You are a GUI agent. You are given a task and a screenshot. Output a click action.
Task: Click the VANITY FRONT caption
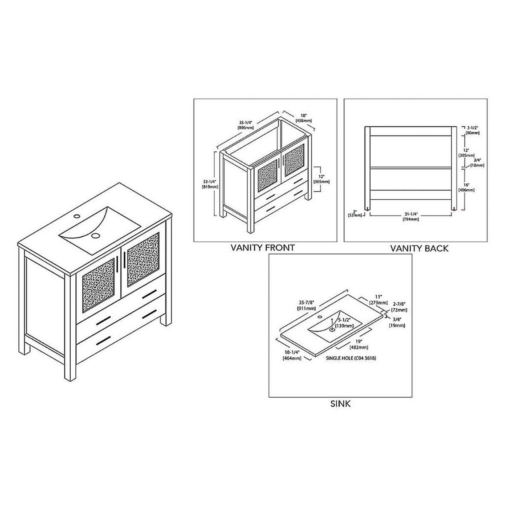pyautogui.click(x=262, y=248)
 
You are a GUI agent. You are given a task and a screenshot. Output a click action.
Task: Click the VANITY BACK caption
pyautogui.click(x=419, y=249)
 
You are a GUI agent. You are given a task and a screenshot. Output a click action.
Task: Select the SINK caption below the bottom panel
pyautogui.click(x=341, y=403)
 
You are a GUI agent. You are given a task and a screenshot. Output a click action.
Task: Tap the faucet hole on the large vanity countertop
pyautogui.click(x=77, y=216)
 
